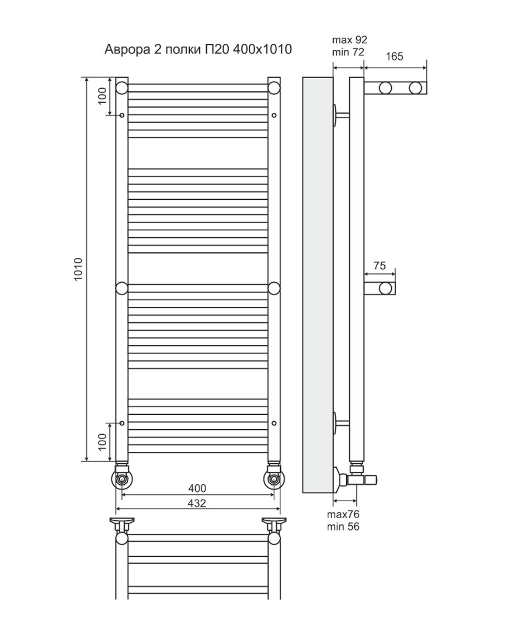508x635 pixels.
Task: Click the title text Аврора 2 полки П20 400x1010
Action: pos(198,49)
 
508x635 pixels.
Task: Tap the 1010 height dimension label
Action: pos(78,269)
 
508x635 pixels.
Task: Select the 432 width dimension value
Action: pos(197,503)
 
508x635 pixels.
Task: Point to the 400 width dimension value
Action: pos(197,488)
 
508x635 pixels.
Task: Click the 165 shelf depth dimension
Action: pos(394,56)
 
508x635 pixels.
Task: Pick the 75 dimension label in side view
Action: pos(379,266)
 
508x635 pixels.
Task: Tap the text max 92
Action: pos(349,39)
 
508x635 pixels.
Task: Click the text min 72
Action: pos(348,52)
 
